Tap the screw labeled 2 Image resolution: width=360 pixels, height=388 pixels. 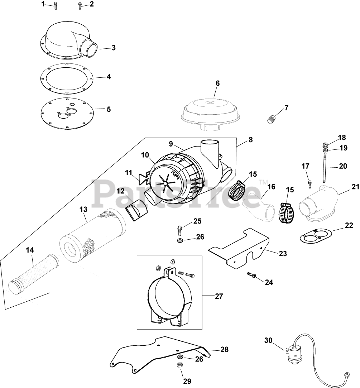[80, 5]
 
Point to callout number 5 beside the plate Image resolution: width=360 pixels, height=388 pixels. [109, 109]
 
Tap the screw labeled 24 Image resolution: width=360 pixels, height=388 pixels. [251, 275]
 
